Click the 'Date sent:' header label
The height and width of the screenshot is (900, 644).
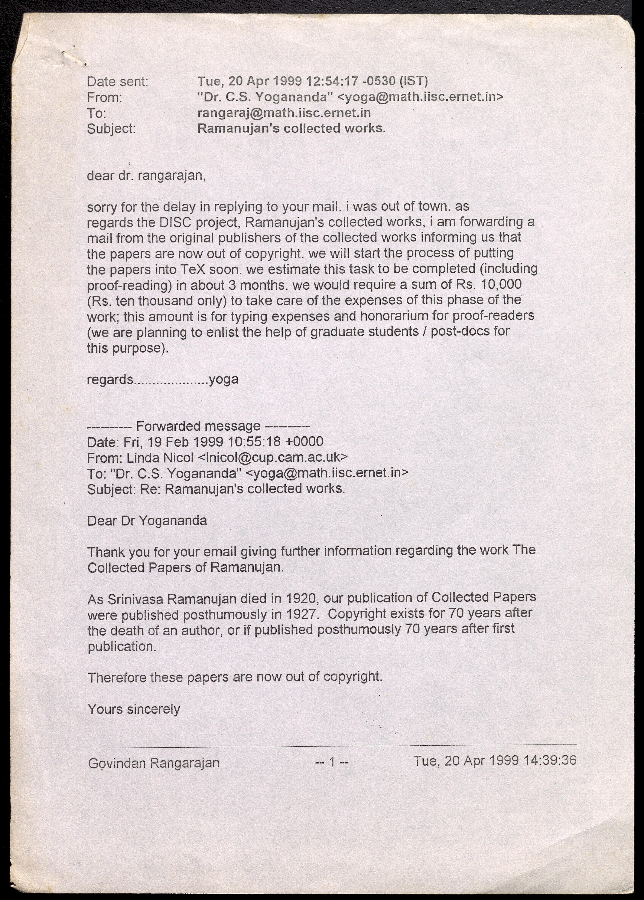[117, 82]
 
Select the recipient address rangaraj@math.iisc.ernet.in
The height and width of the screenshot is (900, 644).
[284, 113]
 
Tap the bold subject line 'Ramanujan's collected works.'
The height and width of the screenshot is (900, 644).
[291, 129]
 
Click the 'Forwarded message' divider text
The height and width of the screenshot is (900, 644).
[198, 426]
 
